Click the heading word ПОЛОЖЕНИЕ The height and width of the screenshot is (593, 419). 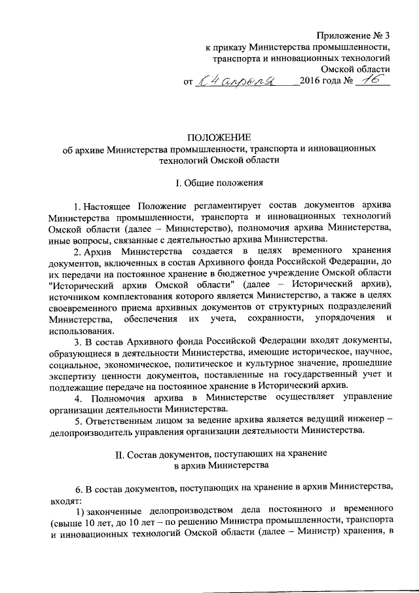click(219, 137)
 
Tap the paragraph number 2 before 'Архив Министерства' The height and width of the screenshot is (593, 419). click(77, 252)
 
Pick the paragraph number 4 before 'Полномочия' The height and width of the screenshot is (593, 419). click(77, 398)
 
